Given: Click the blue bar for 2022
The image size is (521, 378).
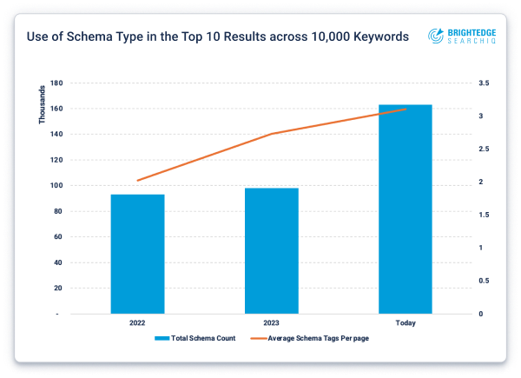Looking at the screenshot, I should click(x=137, y=254).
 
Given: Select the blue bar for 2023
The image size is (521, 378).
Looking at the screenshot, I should click(x=271, y=250).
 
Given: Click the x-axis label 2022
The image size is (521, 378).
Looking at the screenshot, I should click(x=137, y=322).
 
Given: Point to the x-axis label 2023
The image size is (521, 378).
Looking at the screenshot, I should click(x=271, y=322).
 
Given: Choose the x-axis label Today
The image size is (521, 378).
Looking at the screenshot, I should click(x=405, y=322).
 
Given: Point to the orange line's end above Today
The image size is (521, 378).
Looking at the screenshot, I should click(x=405, y=109).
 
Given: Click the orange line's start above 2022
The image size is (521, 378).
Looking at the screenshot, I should click(x=137, y=181).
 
